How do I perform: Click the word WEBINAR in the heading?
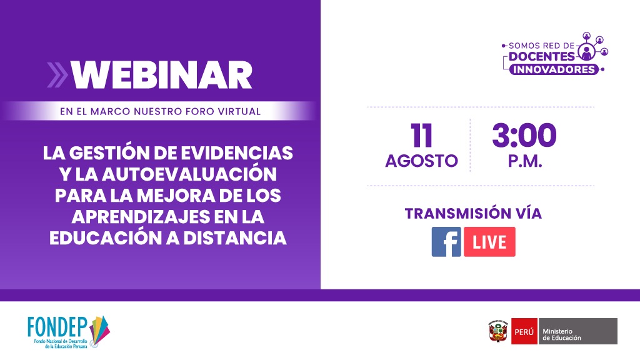pos(162,75)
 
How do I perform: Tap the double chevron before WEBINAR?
pos(57,75)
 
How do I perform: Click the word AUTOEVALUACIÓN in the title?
pos(189,174)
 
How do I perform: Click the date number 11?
pos(421,136)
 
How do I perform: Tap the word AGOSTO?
pos(422,161)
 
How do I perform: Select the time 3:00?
pos(524,136)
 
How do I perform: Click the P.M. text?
pos(525,161)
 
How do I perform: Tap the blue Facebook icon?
pos(446,242)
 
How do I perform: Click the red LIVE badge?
pos(489,242)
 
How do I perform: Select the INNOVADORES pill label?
pos(554,69)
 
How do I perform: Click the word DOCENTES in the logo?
pos(542,56)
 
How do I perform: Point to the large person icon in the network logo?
pos(586,52)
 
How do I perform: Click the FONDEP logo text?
pos(57,327)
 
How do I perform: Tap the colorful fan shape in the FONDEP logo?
pos(99,330)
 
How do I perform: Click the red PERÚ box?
pos(524,331)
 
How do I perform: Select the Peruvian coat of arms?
pos(498,331)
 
